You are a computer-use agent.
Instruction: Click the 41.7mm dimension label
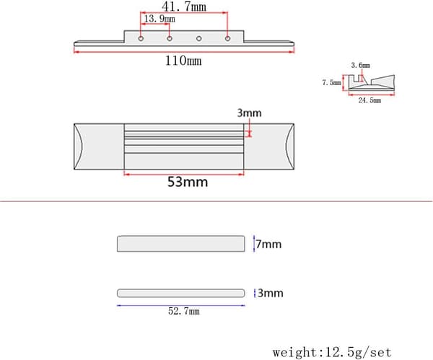184,6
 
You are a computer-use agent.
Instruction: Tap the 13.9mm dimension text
159,19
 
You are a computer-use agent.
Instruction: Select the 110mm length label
183,61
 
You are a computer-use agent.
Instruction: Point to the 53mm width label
188,182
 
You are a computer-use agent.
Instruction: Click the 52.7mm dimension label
184,311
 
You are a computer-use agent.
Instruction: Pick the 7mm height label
268,245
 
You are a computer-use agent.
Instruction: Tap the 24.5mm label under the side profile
369,100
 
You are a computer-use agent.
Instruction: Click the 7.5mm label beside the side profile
332,82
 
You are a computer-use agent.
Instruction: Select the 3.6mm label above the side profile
360,66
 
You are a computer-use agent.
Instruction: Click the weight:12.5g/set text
332,352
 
